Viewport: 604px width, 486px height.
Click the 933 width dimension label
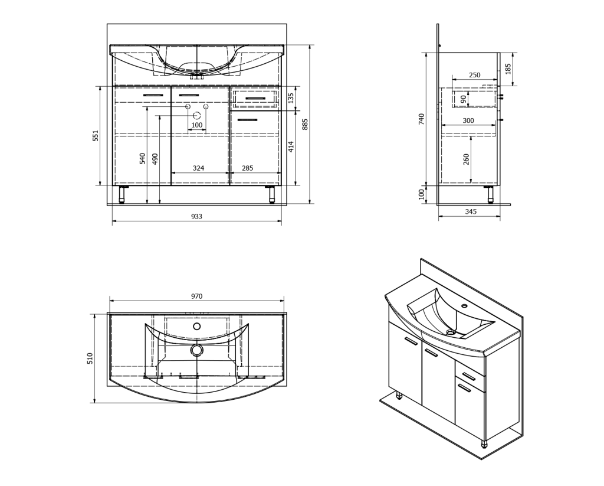196,216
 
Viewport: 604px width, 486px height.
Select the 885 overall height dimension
305,125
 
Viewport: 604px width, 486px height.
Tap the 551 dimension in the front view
96,135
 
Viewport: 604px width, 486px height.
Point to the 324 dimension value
198,168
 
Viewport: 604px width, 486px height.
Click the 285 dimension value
247,168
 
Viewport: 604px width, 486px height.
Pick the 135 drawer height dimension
291,98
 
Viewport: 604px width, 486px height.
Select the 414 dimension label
291,146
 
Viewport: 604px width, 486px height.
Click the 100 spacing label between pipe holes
196,125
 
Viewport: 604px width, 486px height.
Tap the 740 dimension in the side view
421,119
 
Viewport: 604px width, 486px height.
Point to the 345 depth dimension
471,211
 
